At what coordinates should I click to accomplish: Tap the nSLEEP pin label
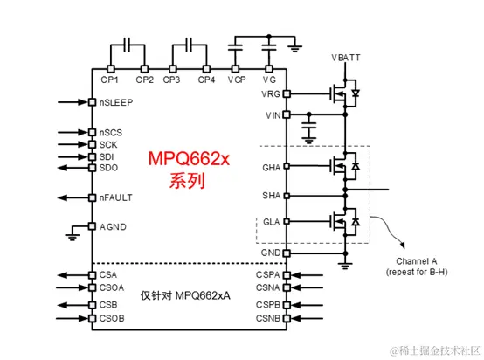pos(115,103)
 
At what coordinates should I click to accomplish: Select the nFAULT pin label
pos(116,197)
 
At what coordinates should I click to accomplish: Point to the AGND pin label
pos(114,226)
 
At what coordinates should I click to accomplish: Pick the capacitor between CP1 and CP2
pos(128,43)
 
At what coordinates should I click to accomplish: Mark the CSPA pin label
pos(267,274)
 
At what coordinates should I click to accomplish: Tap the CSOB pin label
pos(114,319)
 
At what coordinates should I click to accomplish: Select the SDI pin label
pos(107,156)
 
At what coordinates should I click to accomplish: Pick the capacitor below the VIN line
pos(308,130)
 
